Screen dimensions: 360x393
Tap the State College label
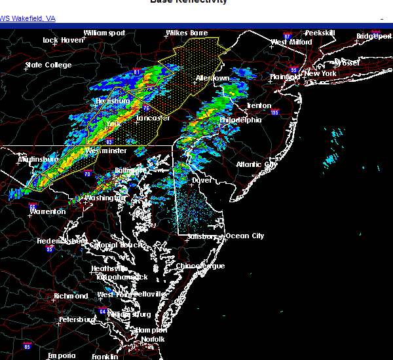coord(48,65)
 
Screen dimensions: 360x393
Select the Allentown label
coord(212,79)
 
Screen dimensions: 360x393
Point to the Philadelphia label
coord(240,120)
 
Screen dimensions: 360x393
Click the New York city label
coord(320,74)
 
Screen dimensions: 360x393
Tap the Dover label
coord(202,179)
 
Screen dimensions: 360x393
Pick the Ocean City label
coord(245,236)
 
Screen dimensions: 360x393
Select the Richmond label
coord(71,296)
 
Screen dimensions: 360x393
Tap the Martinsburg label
coord(37,159)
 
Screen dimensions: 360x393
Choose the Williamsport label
coord(104,33)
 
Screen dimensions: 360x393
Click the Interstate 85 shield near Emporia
coord(28,344)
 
